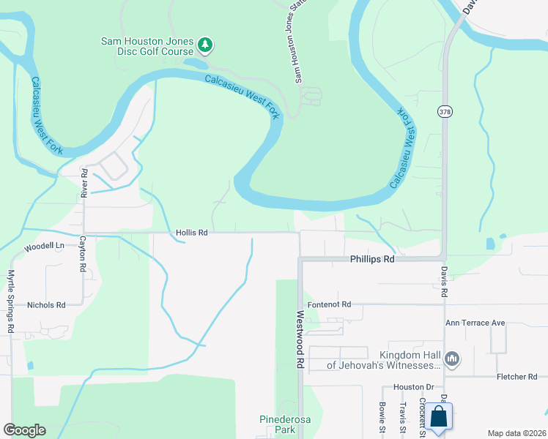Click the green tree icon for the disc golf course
[206, 45]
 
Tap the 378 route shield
[445, 111]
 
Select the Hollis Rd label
[192, 233]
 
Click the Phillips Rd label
[372, 259]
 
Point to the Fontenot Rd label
[330, 304]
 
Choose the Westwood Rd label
[300, 339]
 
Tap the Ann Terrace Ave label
[475, 322]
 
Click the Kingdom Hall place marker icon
[452, 359]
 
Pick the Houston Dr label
[414, 386]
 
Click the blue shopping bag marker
[439, 417]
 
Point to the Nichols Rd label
[46, 304]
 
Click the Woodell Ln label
[44, 247]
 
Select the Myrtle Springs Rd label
[11, 301]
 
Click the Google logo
[24, 430]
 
